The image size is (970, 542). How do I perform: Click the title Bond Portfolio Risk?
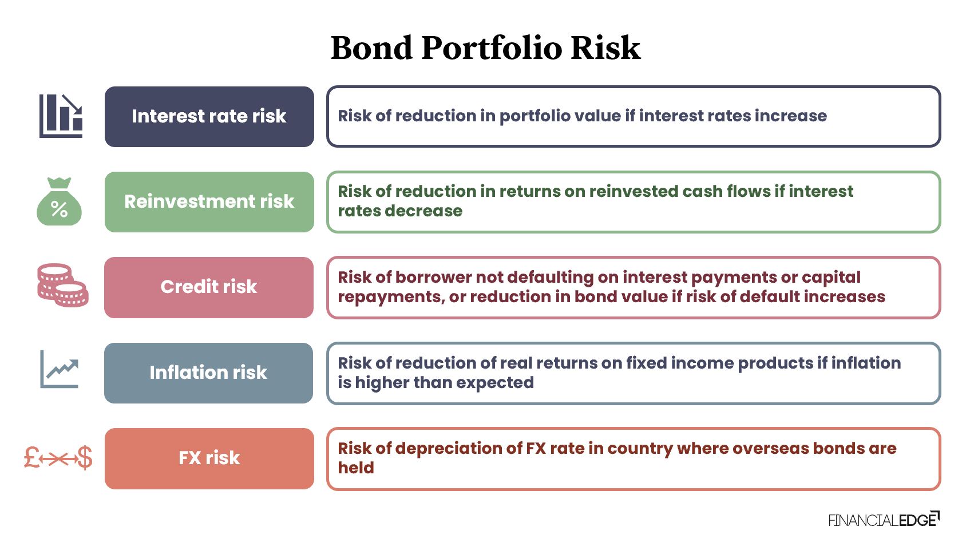[485, 48]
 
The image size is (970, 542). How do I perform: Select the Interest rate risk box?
[209, 116]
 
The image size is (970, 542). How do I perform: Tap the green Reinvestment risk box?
[209, 201]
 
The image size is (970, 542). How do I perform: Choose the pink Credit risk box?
[209, 287]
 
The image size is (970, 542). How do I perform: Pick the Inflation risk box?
[209, 373]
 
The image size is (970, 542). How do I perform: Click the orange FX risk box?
[209, 458]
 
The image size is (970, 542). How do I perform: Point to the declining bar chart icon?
[61, 116]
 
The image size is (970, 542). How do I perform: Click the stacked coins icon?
[62, 286]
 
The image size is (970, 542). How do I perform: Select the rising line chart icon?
[59, 370]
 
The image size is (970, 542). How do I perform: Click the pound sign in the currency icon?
[32, 458]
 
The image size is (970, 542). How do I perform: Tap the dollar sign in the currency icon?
[85, 458]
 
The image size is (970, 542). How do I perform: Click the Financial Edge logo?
[883, 520]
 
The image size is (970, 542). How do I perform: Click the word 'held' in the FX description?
[356, 468]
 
